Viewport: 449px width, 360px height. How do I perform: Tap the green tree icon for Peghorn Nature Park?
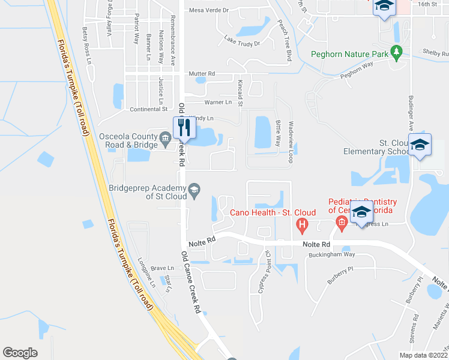[396, 53]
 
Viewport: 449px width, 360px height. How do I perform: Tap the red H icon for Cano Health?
[303, 226]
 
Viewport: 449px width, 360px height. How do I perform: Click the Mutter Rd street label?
[202, 74]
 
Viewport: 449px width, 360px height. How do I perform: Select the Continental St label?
[149, 109]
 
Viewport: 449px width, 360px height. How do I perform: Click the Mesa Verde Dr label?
[209, 10]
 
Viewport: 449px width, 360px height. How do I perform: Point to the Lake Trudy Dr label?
[242, 42]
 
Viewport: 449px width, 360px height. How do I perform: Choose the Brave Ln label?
[162, 268]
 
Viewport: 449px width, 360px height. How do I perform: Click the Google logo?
[20, 353]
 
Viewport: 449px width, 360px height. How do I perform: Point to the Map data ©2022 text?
[423, 355]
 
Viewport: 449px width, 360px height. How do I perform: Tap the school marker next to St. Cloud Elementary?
[420, 145]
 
